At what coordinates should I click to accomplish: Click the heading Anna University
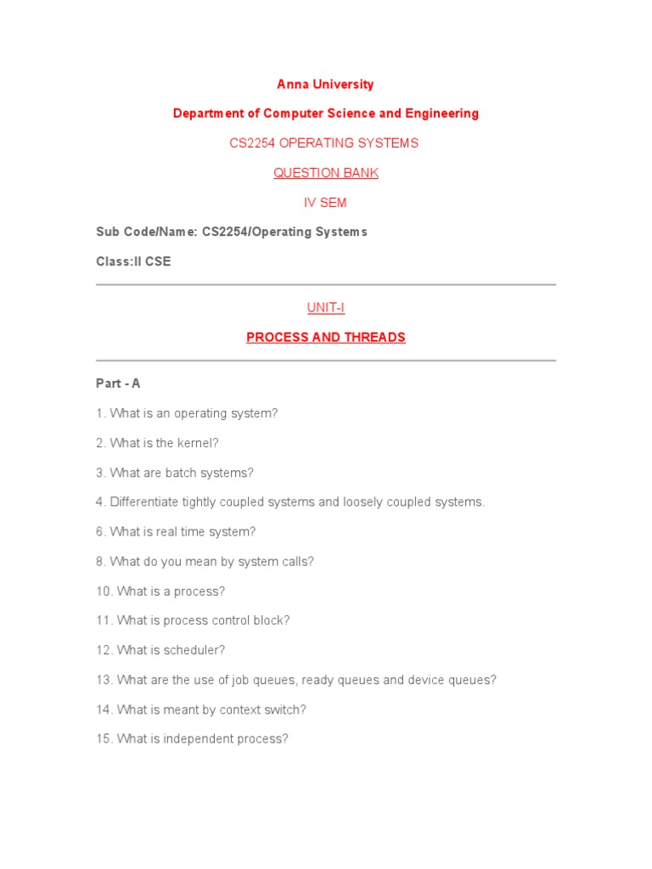tap(325, 84)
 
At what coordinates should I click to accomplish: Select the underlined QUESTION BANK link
tap(325, 173)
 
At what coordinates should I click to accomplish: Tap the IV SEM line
tap(325, 203)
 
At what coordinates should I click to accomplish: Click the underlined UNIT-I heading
tap(325, 307)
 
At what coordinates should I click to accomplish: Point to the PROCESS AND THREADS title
tap(325, 337)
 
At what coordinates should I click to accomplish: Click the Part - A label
tap(118, 384)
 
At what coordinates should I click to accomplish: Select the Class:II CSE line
tap(133, 261)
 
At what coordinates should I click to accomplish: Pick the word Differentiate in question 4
tap(145, 502)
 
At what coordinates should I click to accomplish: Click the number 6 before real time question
tap(99, 532)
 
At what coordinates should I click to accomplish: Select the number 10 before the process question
tap(103, 591)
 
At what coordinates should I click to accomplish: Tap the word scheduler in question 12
tap(197, 650)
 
